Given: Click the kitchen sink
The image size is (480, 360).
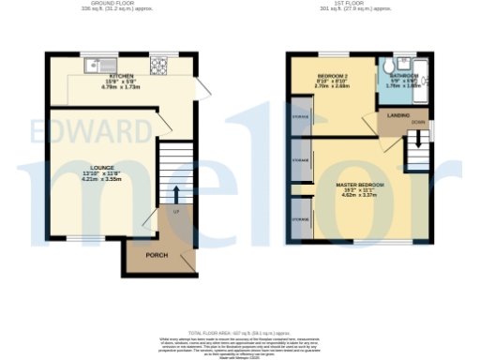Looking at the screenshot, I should pos(96,66).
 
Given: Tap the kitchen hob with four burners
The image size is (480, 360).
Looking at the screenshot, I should pos(158,66).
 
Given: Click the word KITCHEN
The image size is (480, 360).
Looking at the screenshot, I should pos(121,76).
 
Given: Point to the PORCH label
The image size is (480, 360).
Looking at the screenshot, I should pos(157,255).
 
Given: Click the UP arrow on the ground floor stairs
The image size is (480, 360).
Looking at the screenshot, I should pos(175,194).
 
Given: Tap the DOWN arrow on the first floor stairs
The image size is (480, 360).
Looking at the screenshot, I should pos(413,142).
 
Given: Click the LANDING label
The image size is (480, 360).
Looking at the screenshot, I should pos(398,114).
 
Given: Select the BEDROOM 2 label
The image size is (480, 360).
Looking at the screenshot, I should pos(333,75).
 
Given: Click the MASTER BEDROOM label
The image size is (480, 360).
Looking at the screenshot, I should pos(360,185).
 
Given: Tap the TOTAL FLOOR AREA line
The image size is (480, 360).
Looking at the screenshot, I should pos(239,333).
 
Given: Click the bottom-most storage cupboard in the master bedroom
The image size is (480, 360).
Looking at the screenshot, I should pos(301,221).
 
